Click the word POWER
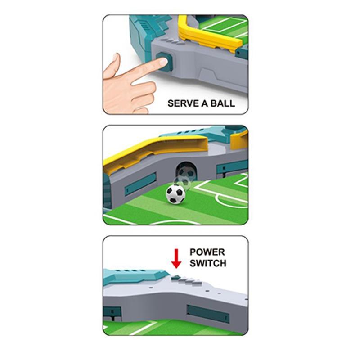207,252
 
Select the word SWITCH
208,263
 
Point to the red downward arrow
176,259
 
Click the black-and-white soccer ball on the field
175,194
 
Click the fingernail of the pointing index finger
163,62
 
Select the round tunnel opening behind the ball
186,171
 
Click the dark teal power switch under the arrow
176,277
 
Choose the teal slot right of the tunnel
232,166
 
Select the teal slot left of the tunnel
140,184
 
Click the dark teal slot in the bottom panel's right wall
208,314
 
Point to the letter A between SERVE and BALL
205,103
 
